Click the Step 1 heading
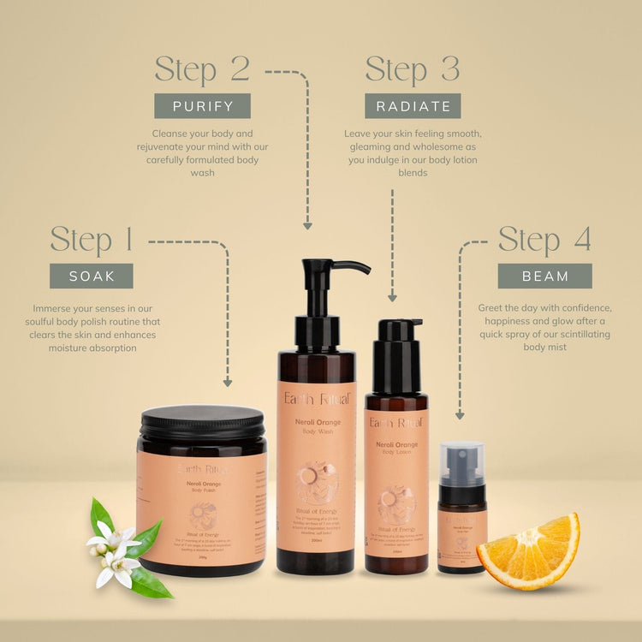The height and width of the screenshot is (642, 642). coord(92,241)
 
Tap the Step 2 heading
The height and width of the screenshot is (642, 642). coord(202,69)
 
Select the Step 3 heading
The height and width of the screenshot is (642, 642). coord(413,69)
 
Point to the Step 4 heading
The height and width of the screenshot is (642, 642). coord(544,241)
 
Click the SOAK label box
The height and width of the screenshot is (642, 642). coord(91,276)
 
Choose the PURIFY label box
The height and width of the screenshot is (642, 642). coord(202,105)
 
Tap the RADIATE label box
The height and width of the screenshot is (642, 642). coord(413,105)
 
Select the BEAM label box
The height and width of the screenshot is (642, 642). coord(545,276)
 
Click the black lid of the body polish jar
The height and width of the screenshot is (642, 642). coord(203,422)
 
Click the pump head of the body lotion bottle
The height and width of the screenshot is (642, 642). coord(399,330)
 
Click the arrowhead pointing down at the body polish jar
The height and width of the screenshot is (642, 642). coord(228,383)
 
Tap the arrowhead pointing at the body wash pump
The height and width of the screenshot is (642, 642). coord(307,225)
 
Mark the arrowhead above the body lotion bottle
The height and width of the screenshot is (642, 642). coord(392,297)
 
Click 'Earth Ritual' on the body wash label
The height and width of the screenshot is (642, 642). coord(317,401)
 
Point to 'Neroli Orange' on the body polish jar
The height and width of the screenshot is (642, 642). coord(202,484)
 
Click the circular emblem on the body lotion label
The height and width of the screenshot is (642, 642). coord(396,504)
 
